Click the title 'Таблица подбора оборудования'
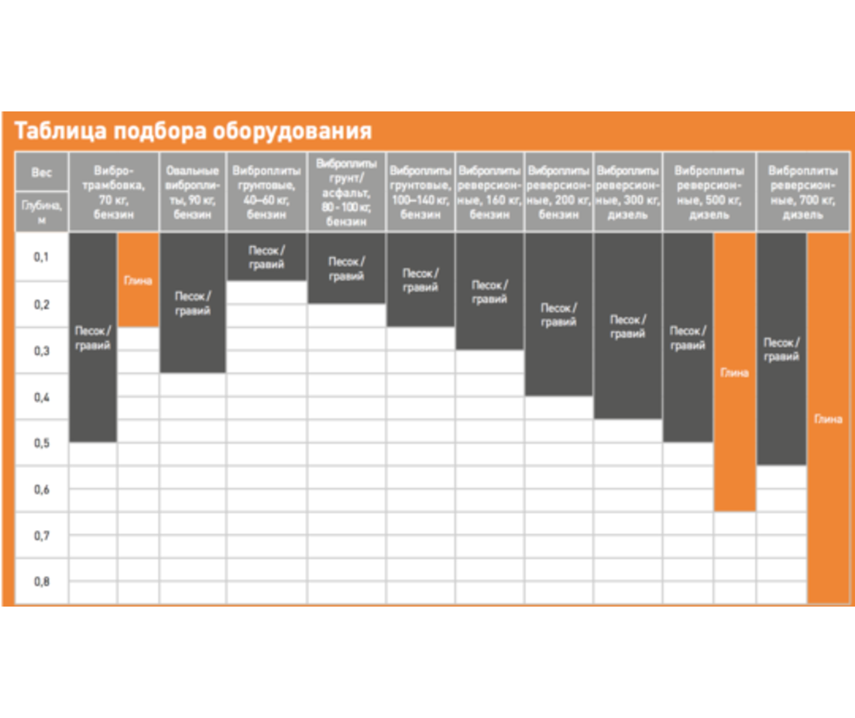pos(193,131)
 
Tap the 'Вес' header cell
pos(41,173)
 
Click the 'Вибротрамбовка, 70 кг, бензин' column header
pos(114,192)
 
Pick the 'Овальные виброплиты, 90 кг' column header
pos(193,192)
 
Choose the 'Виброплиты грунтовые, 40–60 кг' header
pos(266,192)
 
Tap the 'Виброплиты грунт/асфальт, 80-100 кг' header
pos(346,192)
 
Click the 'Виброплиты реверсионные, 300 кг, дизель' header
pos(627,192)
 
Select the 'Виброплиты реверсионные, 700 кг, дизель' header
pos(802,192)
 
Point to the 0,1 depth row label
pos(41,256)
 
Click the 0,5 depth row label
pos(41,443)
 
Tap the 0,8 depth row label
pos(41,581)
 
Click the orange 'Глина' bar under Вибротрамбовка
pos(138,280)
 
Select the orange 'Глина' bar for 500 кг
pos(734,372)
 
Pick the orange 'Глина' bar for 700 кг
pos(827,419)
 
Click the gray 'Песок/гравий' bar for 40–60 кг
pos(266,257)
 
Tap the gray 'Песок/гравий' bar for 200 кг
pos(558,315)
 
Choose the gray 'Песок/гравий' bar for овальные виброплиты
pos(193,303)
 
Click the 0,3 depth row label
pos(41,350)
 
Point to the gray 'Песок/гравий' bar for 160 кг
pos(489,292)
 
